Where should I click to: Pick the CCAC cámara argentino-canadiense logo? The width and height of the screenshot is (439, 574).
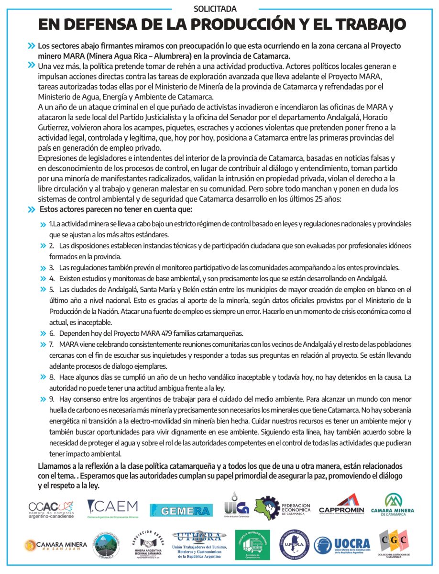tap(51, 509)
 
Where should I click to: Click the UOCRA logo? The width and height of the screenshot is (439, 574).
tap(343, 544)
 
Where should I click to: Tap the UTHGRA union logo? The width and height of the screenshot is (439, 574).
tap(197, 544)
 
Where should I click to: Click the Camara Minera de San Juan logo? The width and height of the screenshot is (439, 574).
tap(56, 545)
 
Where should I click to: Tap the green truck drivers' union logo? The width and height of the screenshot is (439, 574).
tap(252, 545)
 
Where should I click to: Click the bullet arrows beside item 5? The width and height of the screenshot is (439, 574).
tap(43, 290)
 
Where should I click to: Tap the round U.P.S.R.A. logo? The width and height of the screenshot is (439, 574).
tap(294, 545)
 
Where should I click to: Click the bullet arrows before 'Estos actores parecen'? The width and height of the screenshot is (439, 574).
tap(32, 210)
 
